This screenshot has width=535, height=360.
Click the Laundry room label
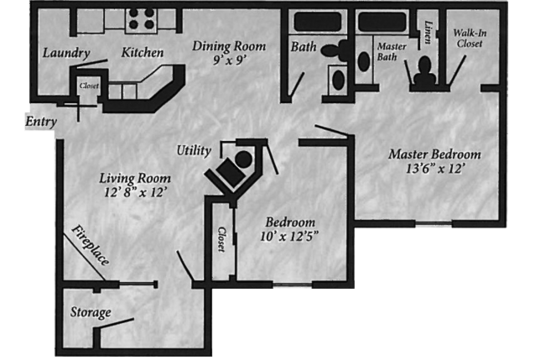pyautogui.click(x=66, y=53)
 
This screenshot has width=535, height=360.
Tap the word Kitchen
pyautogui.click(x=142, y=52)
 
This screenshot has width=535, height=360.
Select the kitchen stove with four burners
pyautogui.click(x=141, y=20)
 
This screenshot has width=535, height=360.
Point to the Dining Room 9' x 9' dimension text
pyautogui.click(x=229, y=60)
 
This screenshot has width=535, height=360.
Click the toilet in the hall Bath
pyautogui.click(x=334, y=51)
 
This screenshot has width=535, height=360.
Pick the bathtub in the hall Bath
pyautogui.click(x=317, y=21)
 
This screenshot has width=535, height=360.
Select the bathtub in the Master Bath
pyautogui.click(x=381, y=21)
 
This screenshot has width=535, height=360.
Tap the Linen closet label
pyautogui.click(x=428, y=32)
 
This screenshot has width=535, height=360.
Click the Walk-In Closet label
pyautogui.click(x=469, y=38)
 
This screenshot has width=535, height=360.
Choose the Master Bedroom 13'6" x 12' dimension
pyautogui.click(x=434, y=169)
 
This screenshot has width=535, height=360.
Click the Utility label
pyautogui.click(x=193, y=150)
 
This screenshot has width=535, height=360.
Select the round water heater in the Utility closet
pyautogui.click(x=243, y=159)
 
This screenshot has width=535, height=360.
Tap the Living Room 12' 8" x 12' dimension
pyautogui.click(x=135, y=193)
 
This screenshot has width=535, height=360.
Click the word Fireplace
pyautogui.click(x=90, y=245)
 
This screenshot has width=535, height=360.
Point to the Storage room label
pyautogui.click(x=91, y=312)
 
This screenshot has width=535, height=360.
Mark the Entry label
pyautogui.click(x=41, y=121)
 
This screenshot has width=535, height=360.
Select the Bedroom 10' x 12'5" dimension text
pyautogui.click(x=289, y=236)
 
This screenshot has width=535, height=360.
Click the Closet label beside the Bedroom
pyautogui.click(x=221, y=240)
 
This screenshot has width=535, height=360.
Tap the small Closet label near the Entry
pyautogui.click(x=89, y=86)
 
